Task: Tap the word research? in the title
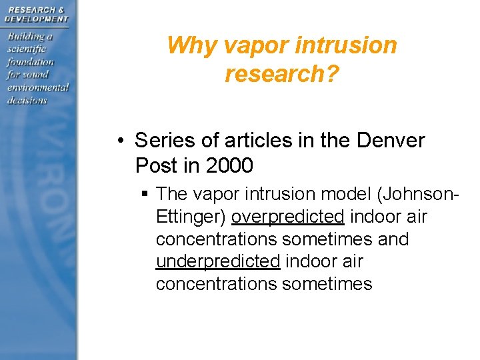[282, 74]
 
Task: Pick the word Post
[157, 165]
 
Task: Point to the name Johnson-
[415, 194]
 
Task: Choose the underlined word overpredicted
[287, 217]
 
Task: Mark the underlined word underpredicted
[217, 261]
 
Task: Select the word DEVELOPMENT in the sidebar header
[36, 19]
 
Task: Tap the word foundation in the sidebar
[30, 62]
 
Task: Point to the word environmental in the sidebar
[38, 87]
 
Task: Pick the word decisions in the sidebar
[27, 100]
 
